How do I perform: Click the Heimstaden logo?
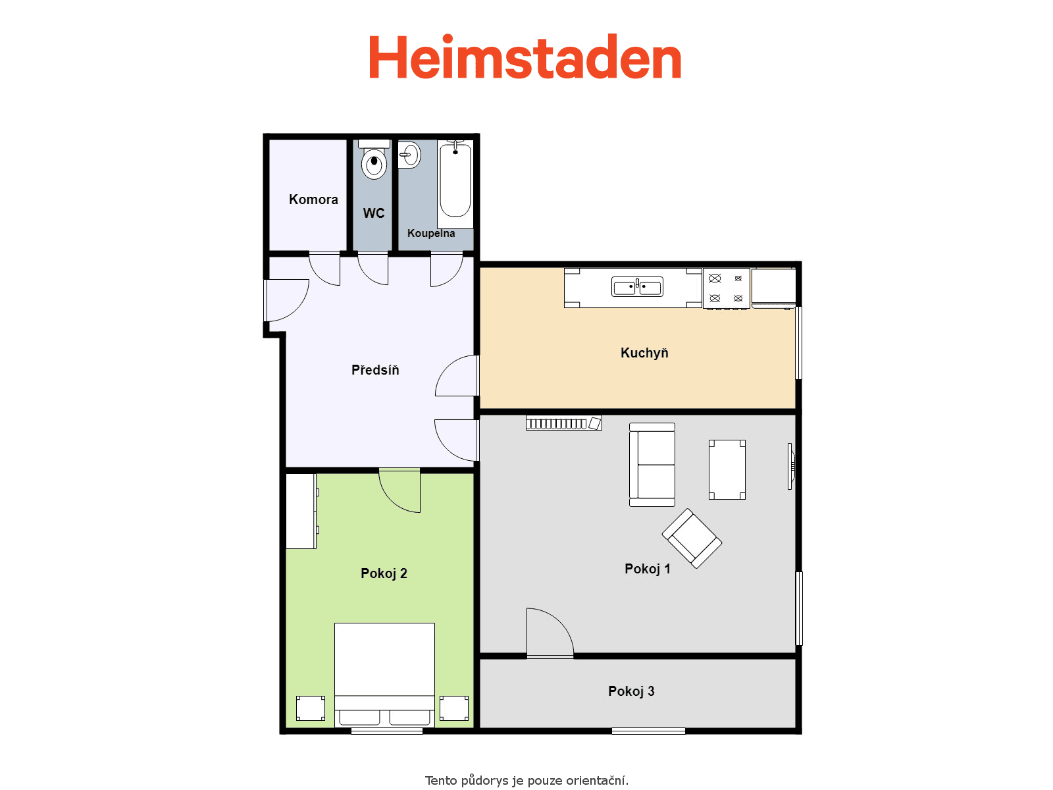(525, 57)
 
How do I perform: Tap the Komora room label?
(313, 199)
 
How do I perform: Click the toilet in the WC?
(374, 159)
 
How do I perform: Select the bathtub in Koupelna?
(455, 184)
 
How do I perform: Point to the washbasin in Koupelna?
(409, 155)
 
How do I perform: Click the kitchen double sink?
(637, 287)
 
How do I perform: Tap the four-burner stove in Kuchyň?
(727, 288)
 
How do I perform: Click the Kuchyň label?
(644, 353)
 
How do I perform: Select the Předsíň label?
(375, 370)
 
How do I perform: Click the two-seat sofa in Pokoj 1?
(652, 464)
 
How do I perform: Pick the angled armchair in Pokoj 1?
(692, 538)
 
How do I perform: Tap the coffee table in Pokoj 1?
(727, 469)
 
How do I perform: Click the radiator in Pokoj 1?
(563, 423)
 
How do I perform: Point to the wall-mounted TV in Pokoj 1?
(790, 466)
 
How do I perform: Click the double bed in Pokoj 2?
(384, 675)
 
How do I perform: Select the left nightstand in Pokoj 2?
(311, 708)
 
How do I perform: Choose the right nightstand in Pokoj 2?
(454, 708)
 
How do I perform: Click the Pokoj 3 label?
(631, 691)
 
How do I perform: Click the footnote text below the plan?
(526, 780)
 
